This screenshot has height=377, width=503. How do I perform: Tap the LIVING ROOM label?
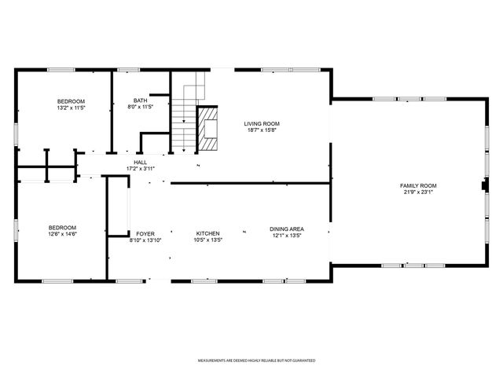(262, 123)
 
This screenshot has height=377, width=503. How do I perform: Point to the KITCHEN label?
(207, 233)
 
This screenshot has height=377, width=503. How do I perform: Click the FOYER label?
(145, 233)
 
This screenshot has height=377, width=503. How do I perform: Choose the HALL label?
(140, 163)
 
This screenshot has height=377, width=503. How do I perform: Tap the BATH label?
(140, 101)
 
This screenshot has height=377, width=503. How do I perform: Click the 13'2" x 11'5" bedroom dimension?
(71, 108)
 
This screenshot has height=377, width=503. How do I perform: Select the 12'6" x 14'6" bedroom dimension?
(62, 233)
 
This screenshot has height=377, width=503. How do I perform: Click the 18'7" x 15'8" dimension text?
(262, 130)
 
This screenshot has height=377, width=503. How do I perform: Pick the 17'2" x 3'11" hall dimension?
(140, 169)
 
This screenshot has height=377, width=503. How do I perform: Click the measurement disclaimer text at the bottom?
(256, 361)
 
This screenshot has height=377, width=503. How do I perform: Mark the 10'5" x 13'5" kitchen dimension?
(207, 240)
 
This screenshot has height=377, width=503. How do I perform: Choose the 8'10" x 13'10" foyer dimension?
(145, 240)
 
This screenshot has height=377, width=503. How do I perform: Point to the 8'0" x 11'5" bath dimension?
(140, 108)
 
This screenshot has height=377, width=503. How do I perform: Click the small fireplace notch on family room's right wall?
(484, 187)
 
